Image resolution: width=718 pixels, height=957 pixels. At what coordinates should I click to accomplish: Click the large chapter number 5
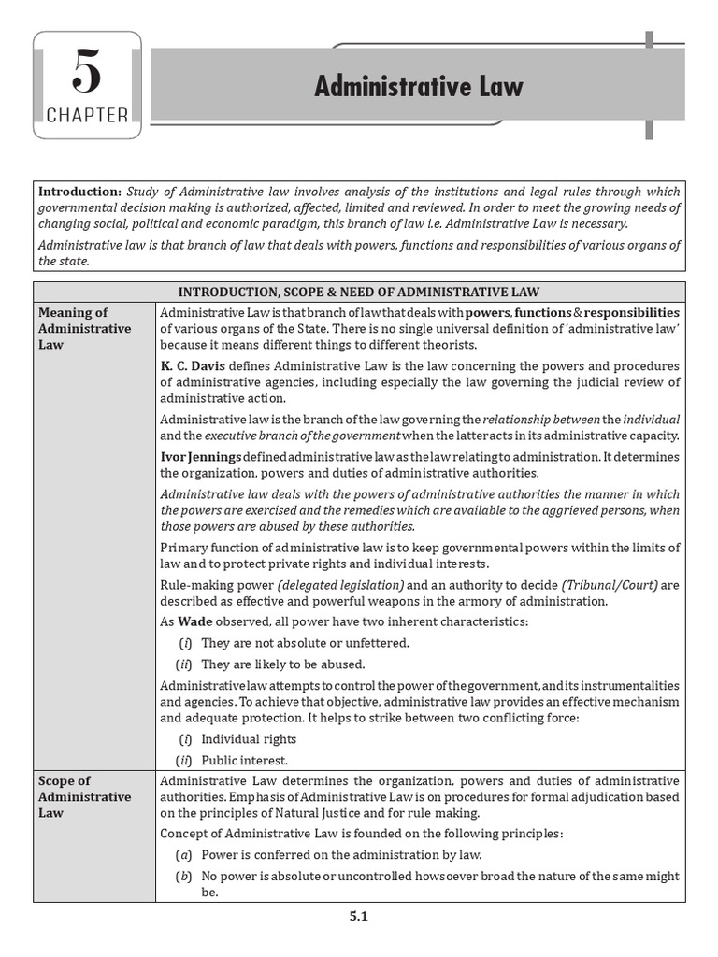point(87,73)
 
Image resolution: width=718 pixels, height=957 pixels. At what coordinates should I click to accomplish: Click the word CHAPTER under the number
point(87,116)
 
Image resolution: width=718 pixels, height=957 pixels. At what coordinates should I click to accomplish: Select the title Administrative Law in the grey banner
point(418,87)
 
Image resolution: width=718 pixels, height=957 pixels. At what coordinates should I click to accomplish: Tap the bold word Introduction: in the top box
point(79,192)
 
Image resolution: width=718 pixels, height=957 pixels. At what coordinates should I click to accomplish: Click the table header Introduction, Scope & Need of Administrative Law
point(359,292)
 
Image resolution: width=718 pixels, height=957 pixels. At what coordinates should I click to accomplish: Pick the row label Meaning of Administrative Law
point(84,328)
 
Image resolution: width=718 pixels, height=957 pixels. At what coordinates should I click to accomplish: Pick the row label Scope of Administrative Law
point(84,796)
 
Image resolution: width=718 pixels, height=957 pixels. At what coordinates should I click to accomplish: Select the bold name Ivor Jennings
point(201,456)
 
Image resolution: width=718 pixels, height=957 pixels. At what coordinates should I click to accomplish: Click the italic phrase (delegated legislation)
point(323,584)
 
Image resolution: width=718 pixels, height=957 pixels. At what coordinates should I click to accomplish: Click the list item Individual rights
point(249,739)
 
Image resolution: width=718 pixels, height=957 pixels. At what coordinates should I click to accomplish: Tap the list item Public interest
point(245,761)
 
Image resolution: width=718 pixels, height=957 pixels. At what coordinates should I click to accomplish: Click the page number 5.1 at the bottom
point(359,917)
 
